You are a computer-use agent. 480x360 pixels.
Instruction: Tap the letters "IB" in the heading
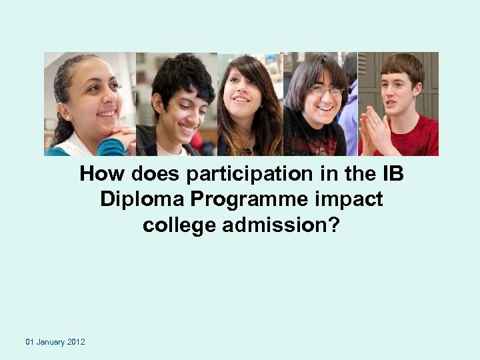coord(393,174)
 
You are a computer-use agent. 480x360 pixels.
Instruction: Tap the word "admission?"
coord(281,225)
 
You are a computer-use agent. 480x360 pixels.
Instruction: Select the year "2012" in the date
coord(76,342)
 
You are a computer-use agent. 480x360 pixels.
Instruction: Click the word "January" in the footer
coord(51,342)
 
